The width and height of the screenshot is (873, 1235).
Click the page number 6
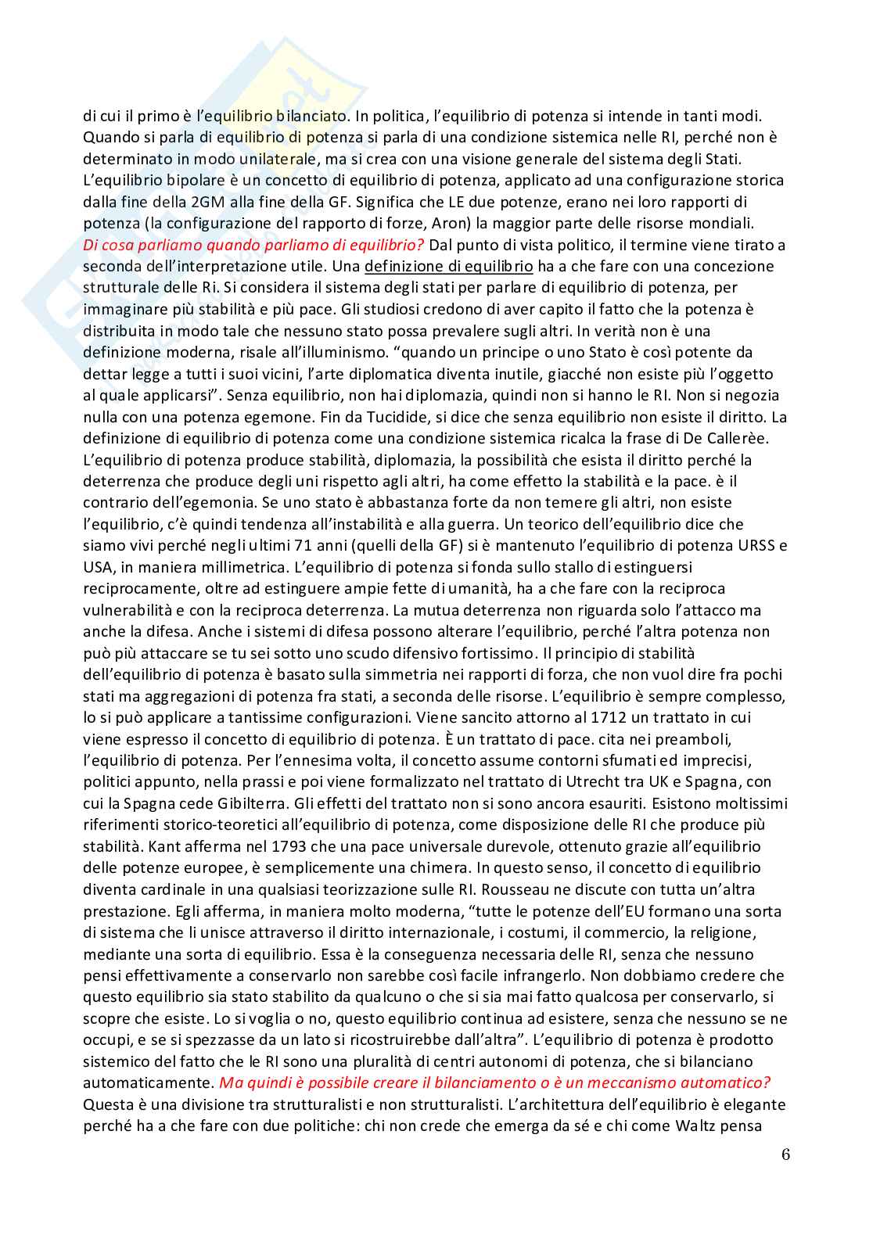point(785,1154)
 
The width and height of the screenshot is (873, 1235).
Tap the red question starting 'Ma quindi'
point(494,1082)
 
